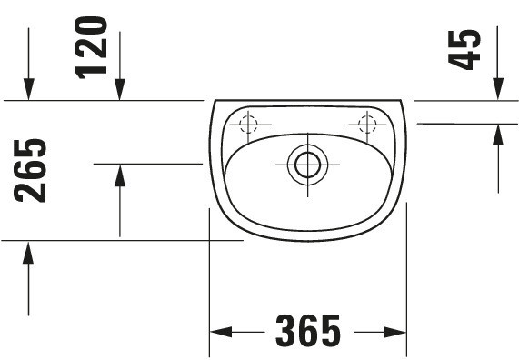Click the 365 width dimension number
pyautogui.click(x=308, y=331)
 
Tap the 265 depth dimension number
pyautogui.click(x=30, y=171)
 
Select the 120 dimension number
pyautogui.click(x=91, y=47)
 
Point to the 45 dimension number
pyautogui.click(x=464, y=50)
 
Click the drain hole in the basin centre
pyautogui.click(x=307, y=165)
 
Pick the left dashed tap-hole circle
pyautogui.click(x=248, y=125)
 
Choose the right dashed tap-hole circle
pyautogui.click(x=367, y=125)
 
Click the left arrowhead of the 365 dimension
pyautogui.click(x=221, y=332)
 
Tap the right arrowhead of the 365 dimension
pyautogui.click(x=395, y=332)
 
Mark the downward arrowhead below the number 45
pyautogui.click(x=498, y=88)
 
